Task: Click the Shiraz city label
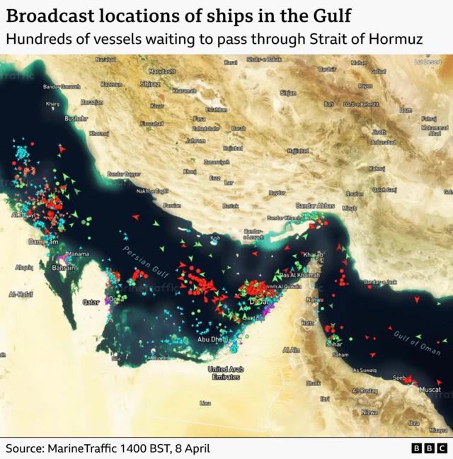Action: (150, 84)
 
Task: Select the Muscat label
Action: (430, 390)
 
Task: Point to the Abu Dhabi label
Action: (212, 339)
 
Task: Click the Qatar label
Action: (91, 302)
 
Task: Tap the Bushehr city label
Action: (76, 118)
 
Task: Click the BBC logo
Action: (429, 448)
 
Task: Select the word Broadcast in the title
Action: (50, 15)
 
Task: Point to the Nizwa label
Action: (369, 412)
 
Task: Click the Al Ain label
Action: (290, 350)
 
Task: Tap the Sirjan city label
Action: (288, 93)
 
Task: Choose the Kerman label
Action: (359, 62)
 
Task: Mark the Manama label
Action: (77, 254)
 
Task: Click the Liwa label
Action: (205, 403)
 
